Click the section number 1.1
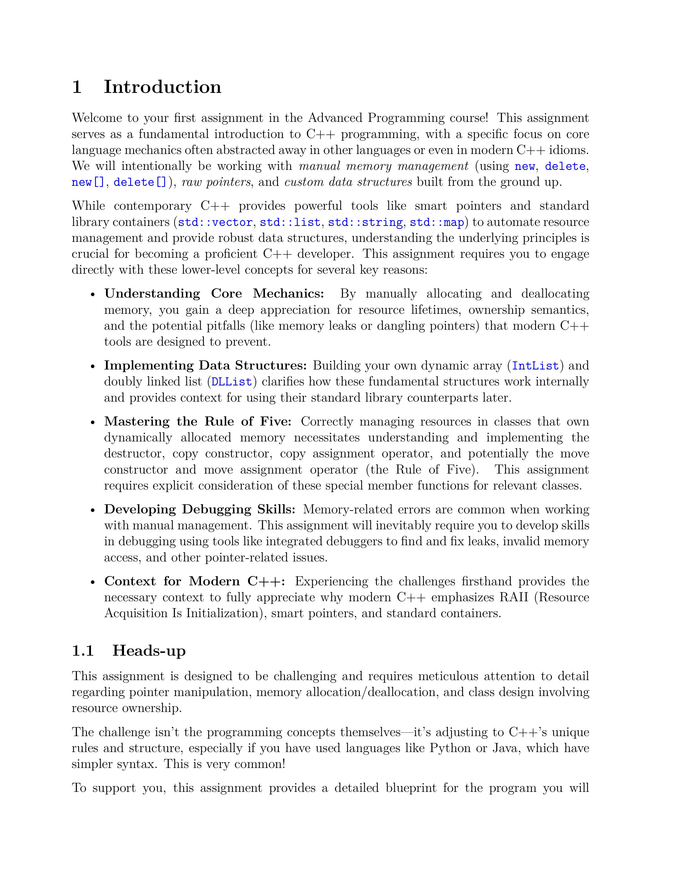coord(83,651)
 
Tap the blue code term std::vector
coord(215,222)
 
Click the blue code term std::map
coord(436,222)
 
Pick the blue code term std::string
coord(365,222)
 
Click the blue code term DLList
coord(232,382)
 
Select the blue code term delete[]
coord(140,183)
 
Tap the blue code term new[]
coord(88,183)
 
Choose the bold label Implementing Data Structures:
coord(205,366)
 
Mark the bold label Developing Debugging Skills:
coord(199,509)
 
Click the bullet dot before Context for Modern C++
coord(93,582)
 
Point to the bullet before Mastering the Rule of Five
coord(93,422)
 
